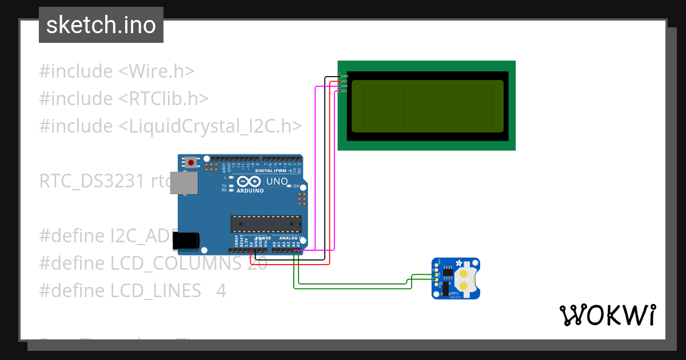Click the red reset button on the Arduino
coord(191,163)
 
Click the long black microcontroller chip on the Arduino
coord(266,224)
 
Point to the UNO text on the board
coord(277,181)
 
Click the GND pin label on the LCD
coord(345,76)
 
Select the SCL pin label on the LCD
coord(345,91)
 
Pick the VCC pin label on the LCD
coord(345,81)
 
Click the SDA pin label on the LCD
coord(345,86)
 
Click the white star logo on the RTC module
coord(458,263)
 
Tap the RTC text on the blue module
coord(454,293)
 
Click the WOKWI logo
coord(607,315)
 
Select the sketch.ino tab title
coord(101,25)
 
